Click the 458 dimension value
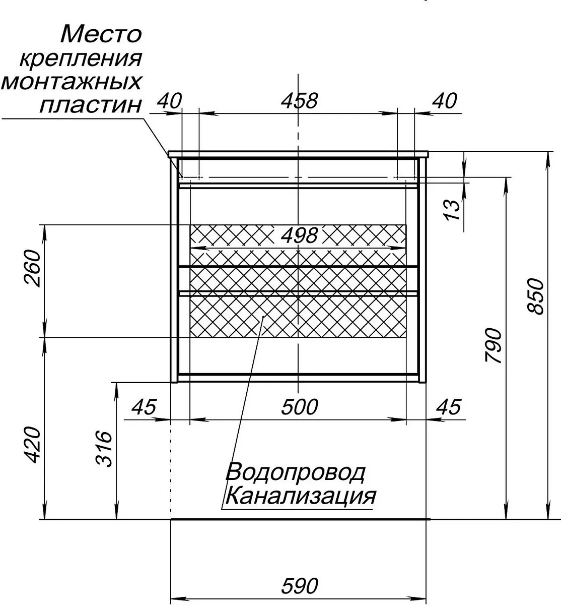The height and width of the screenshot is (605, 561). tap(299, 101)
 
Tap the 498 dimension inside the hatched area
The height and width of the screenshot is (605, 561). tap(299, 235)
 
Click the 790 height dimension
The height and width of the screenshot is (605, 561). tap(493, 345)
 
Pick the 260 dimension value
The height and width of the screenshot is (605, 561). tap(32, 268)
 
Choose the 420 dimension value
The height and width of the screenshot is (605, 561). tap(32, 445)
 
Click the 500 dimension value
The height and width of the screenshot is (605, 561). tap(300, 407)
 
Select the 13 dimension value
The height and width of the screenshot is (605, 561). tap(452, 210)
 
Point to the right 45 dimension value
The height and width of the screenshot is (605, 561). tap(449, 407)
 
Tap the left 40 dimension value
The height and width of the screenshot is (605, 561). tap(169, 101)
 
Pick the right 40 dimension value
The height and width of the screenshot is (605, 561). tap(444, 101)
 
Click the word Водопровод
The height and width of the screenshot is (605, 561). tap(295, 473)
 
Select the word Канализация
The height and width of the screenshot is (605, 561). tap(301, 497)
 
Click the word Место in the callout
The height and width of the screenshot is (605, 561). tap(101, 34)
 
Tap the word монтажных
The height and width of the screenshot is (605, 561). tap(72, 82)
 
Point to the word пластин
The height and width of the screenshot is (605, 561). tap(91, 105)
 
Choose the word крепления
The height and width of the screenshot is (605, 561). tap(81, 59)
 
